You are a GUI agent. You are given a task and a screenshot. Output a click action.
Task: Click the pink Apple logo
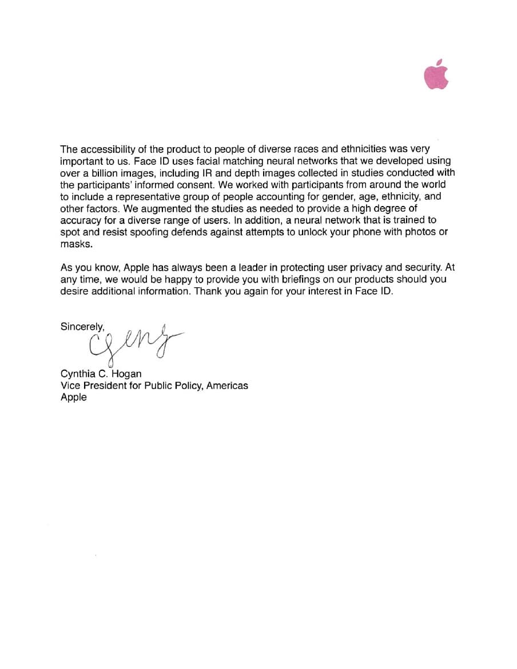coord(436,75)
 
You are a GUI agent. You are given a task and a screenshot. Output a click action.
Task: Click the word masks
coord(75,243)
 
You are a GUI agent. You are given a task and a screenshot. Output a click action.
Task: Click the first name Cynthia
coord(78,374)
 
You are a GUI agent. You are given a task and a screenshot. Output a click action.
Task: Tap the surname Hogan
coord(126,374)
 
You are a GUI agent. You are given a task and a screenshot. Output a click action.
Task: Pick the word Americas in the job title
coord(227,385)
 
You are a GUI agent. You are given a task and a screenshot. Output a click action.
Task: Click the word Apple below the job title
coord(74,397)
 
